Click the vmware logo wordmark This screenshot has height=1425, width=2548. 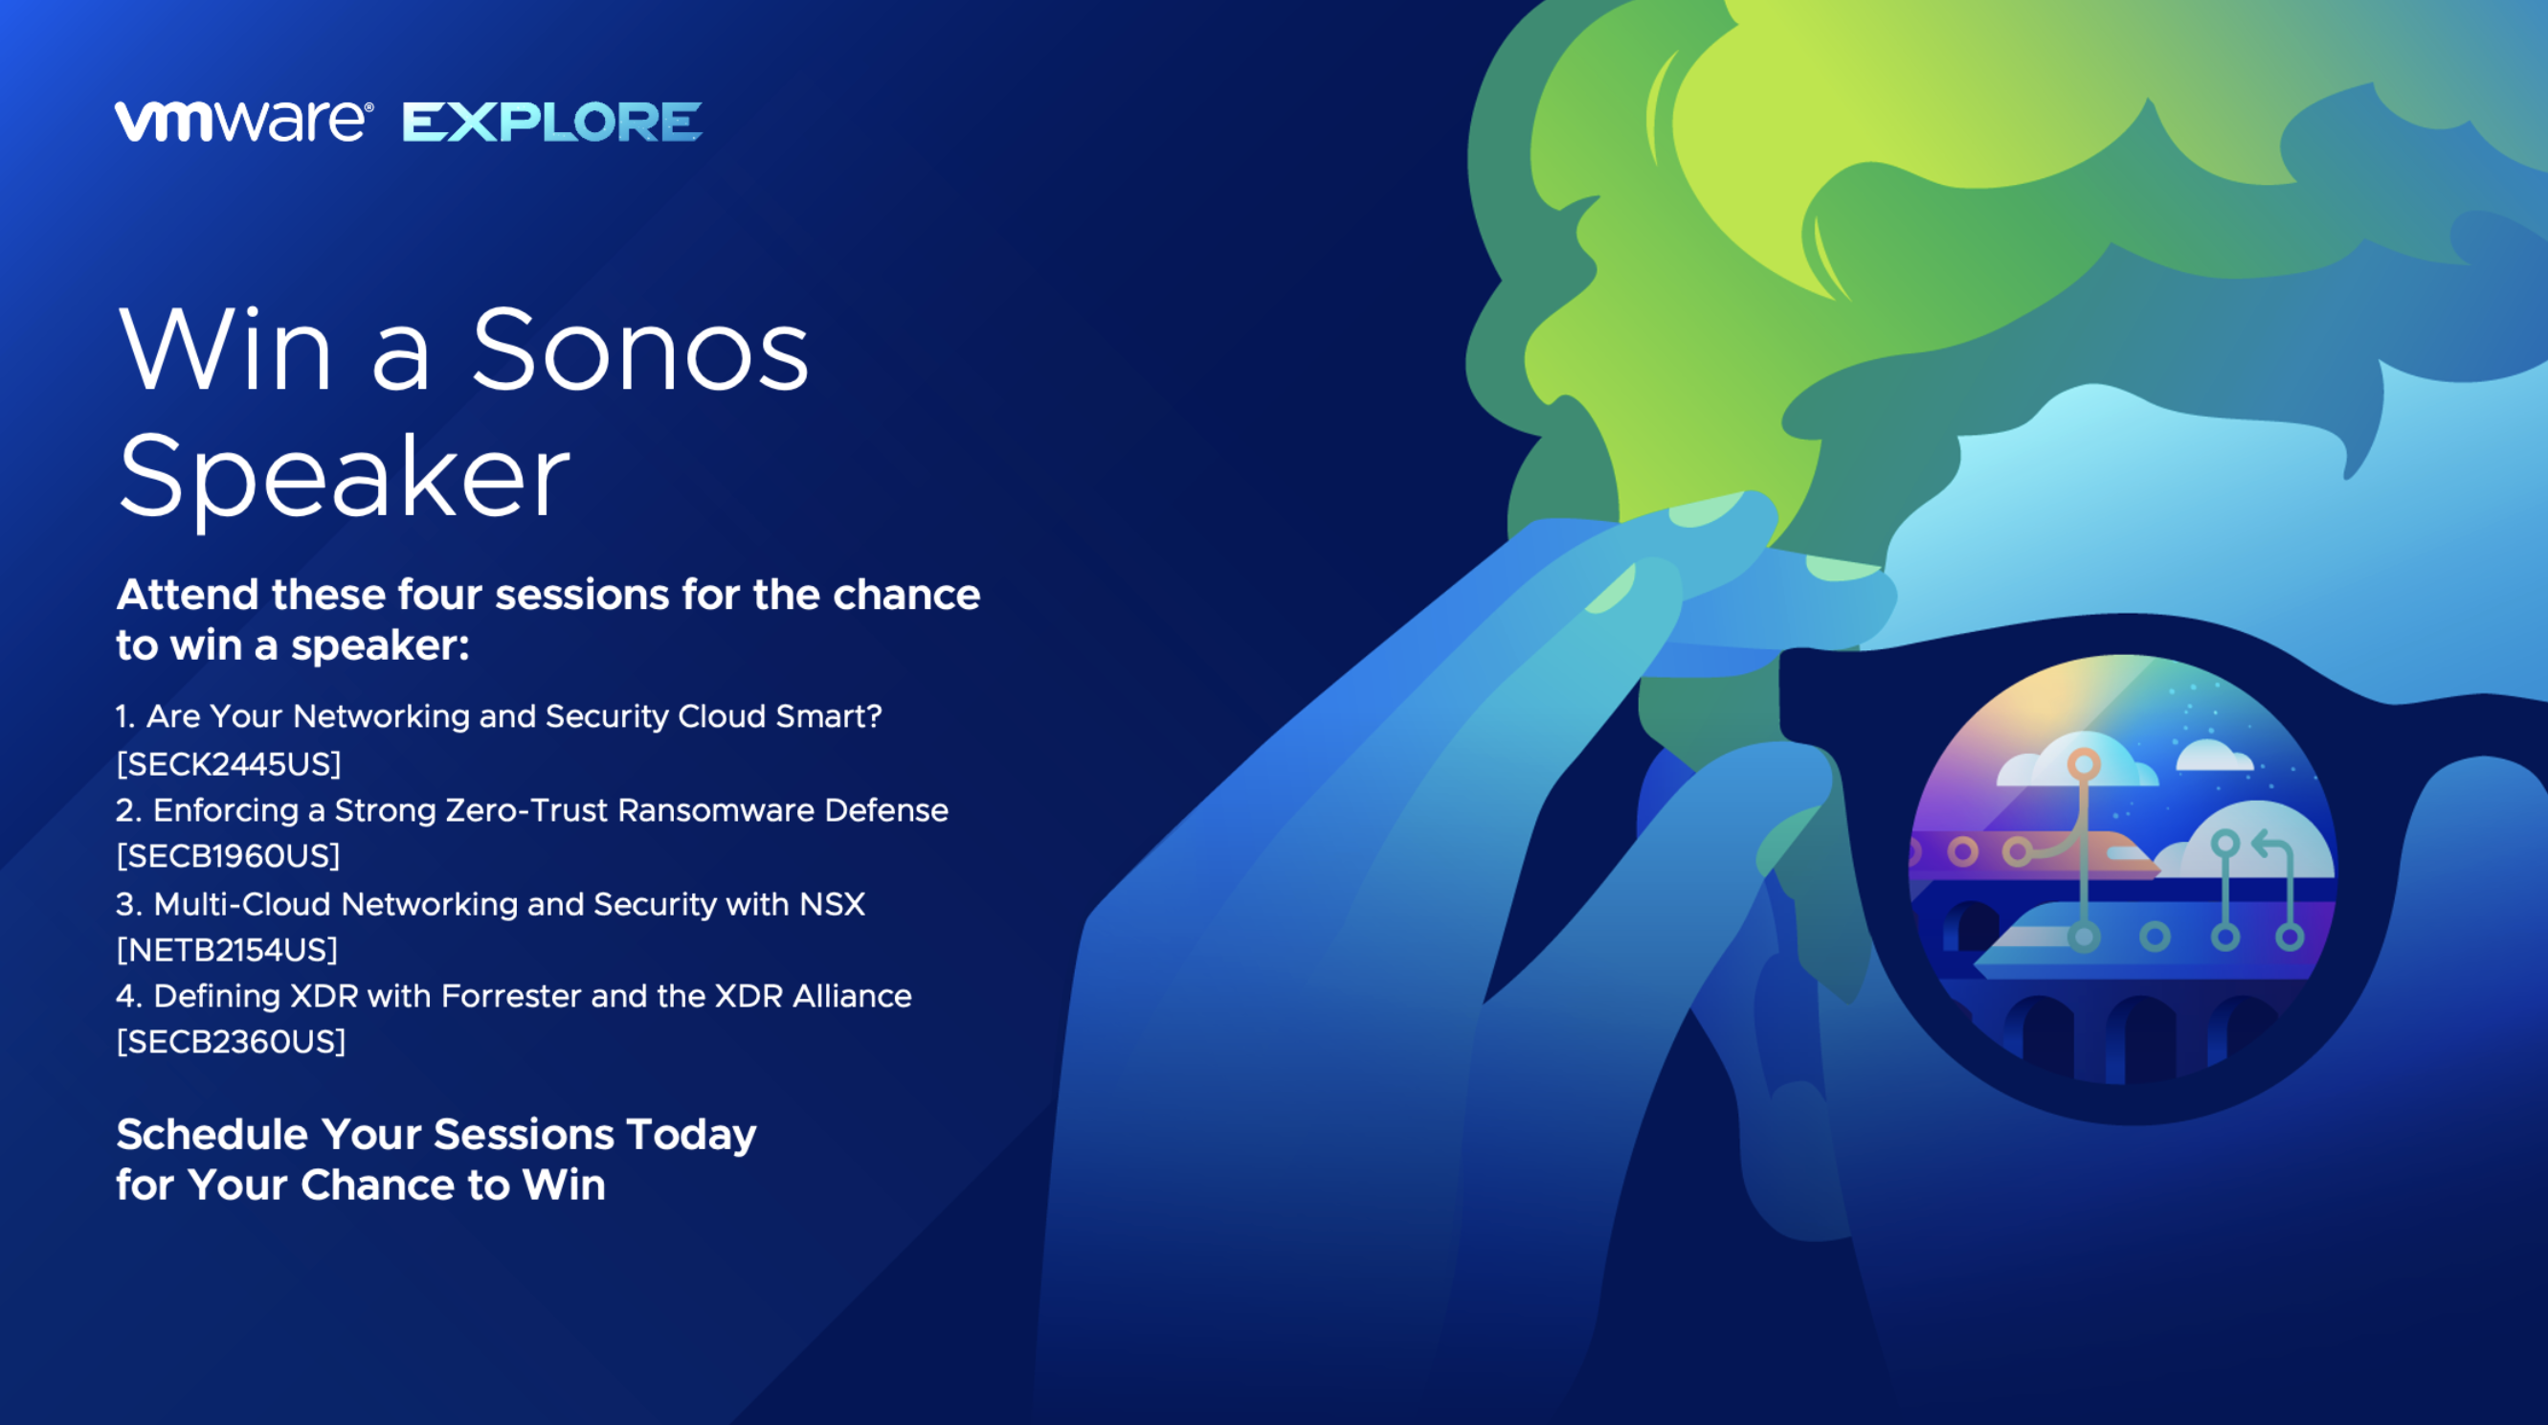tap(243, 122)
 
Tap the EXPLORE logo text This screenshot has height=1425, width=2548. tap(552, 122)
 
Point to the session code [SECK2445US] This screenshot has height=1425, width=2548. tap(229, 764)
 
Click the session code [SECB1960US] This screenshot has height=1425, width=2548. tap(229, 856)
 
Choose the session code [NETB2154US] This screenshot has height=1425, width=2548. tap(228, 950)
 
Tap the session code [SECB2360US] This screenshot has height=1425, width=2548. tap(232, 1042)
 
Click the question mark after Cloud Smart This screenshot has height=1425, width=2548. tap(872, 715)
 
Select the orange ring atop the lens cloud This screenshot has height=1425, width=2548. tap(2083, 764)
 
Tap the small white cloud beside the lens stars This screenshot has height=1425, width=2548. tap(2215, 755)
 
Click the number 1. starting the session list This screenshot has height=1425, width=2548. tap(125, 716)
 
